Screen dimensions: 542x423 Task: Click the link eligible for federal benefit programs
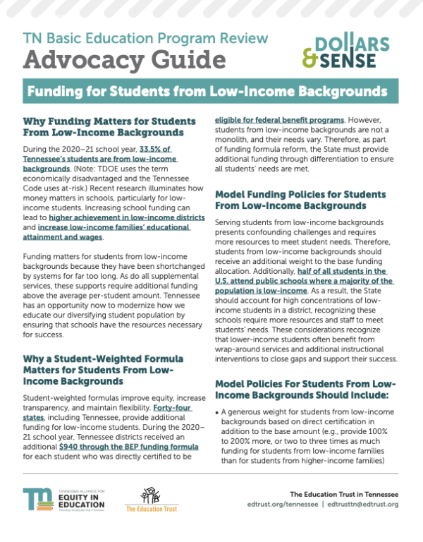[x=279, y=121]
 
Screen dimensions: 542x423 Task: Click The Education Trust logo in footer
[x=149, y=500]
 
